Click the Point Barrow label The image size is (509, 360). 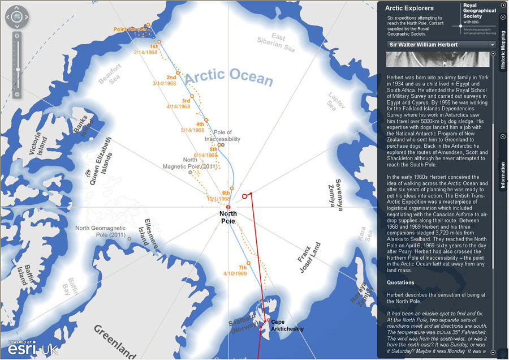[x=130, y=29]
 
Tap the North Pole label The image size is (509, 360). [x=227, y=217]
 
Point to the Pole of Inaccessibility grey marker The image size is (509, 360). [x=223, y=145]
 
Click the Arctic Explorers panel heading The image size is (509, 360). [x=409, y=8]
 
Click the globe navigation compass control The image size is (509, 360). [x=18, y=17]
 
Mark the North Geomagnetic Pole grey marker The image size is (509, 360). [x=130, y=239]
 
